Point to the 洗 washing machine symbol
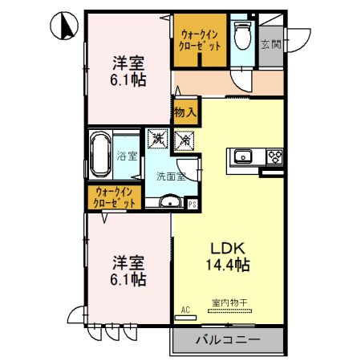[156, 140]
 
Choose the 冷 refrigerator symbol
[184, 140]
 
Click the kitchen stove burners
[274, 156]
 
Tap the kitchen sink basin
[244, 156]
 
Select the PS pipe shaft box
[193, 204]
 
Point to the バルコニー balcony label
[228, 341]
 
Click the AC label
[185, 310]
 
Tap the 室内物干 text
[229, 302]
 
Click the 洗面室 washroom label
[170, 176]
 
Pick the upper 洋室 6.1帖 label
[128, 71]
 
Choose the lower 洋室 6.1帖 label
[128, 271]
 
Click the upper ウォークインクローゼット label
[200, 42]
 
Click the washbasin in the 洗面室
[169, 202]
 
